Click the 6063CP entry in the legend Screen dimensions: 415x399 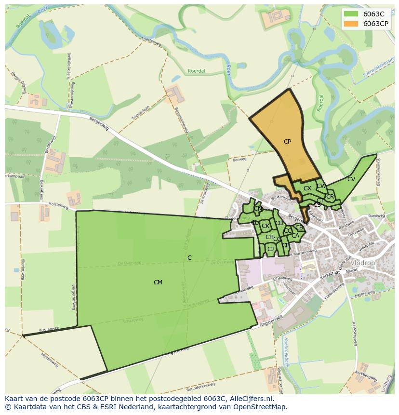(376, 23)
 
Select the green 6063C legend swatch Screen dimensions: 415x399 (351, 14)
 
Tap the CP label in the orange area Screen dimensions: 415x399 (287, 142)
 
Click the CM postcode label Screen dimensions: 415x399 (158, 282)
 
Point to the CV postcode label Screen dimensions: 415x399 (351, 179)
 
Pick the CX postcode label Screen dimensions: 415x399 (307, 188)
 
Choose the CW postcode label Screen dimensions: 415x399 (321, 186)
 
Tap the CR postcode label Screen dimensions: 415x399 (330, 197)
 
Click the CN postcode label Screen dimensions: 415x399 (258, 209)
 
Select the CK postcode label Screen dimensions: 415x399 (265, 226)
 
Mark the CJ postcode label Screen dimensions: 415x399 (270, 249)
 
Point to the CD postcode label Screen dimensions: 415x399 (279, 223)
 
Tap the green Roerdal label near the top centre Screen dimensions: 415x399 (196, 71)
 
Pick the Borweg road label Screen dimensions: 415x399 (239, 160)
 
